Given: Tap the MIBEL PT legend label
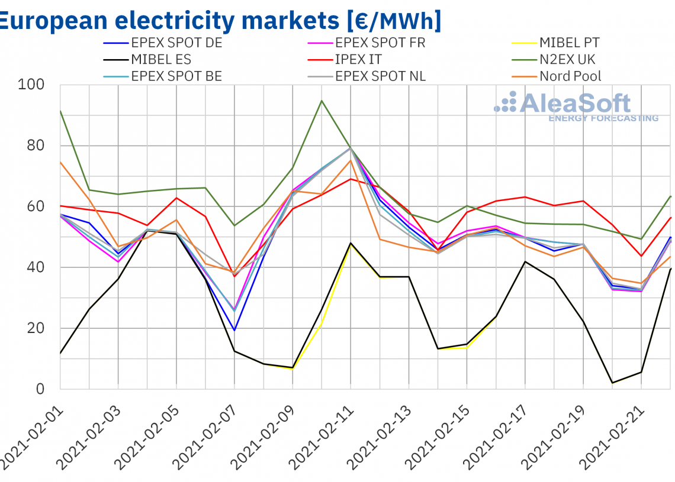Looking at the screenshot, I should (x=569, y=43).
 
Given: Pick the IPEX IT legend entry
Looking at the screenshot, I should (x=358, y=59).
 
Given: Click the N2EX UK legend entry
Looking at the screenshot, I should (x=567, y=59).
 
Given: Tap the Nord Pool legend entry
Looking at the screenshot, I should (x=570, y=76).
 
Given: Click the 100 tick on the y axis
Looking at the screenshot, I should (x=32, y=85).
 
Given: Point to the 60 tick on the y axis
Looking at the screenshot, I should (x=37, y=206).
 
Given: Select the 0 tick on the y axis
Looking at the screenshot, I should (x=41, y=389).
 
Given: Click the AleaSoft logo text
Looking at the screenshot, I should (x=574, y=104).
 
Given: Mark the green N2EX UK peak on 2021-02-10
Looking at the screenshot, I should (x=322, y=101).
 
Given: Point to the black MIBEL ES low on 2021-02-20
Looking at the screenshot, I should (x=612, y=383).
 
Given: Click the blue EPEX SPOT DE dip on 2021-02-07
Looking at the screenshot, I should (x=234, y=330).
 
